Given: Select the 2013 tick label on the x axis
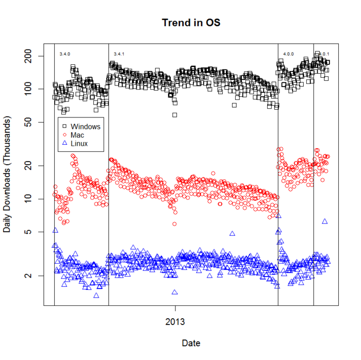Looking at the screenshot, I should [x=175, y=322].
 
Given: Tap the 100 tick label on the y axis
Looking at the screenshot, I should [x=32, y=89].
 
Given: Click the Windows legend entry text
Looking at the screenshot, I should [x=86, y=126].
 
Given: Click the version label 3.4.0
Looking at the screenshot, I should [x=64, y=54].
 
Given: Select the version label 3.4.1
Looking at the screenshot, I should [x=119, y=54].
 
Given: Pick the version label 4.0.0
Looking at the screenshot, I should [x=288, y=54].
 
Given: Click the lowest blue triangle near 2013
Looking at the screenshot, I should [x=175, y=292].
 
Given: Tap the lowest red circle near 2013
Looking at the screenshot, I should [x=175, y=224].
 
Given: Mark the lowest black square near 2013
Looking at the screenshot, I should [x=175, y=115].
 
